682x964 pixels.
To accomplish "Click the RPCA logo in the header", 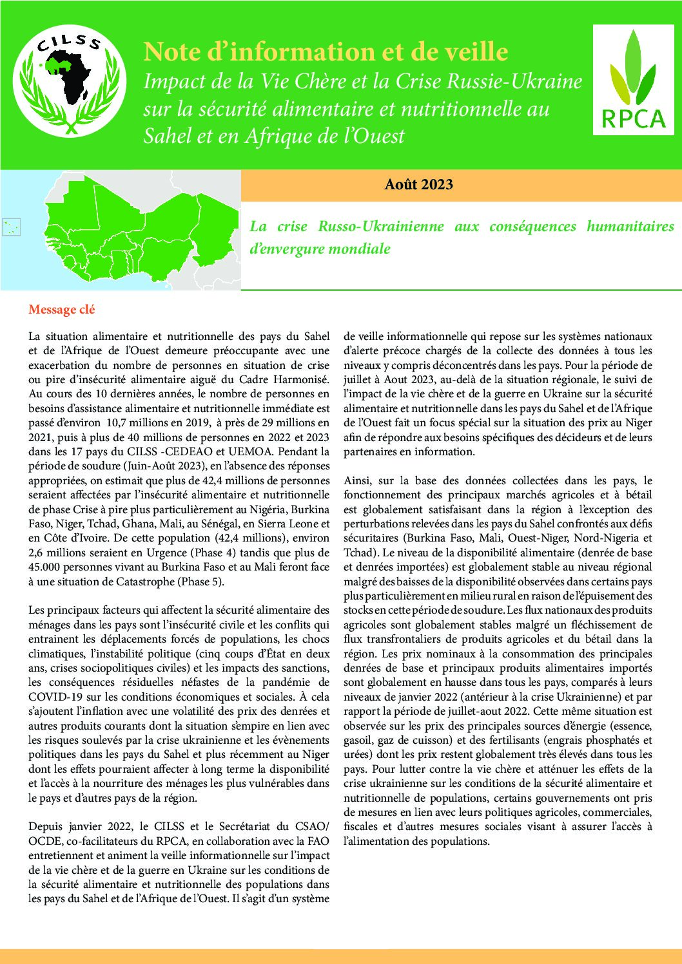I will point(633,80).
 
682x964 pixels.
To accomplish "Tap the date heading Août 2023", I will point(419,185).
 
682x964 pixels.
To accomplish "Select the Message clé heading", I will point(62,310).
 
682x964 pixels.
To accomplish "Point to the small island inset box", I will point(12,227).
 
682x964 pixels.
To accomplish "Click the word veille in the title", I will point(475,52).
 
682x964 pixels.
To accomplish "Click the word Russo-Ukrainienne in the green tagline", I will point(380,227).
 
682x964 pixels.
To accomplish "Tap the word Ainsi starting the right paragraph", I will point(357,480).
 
